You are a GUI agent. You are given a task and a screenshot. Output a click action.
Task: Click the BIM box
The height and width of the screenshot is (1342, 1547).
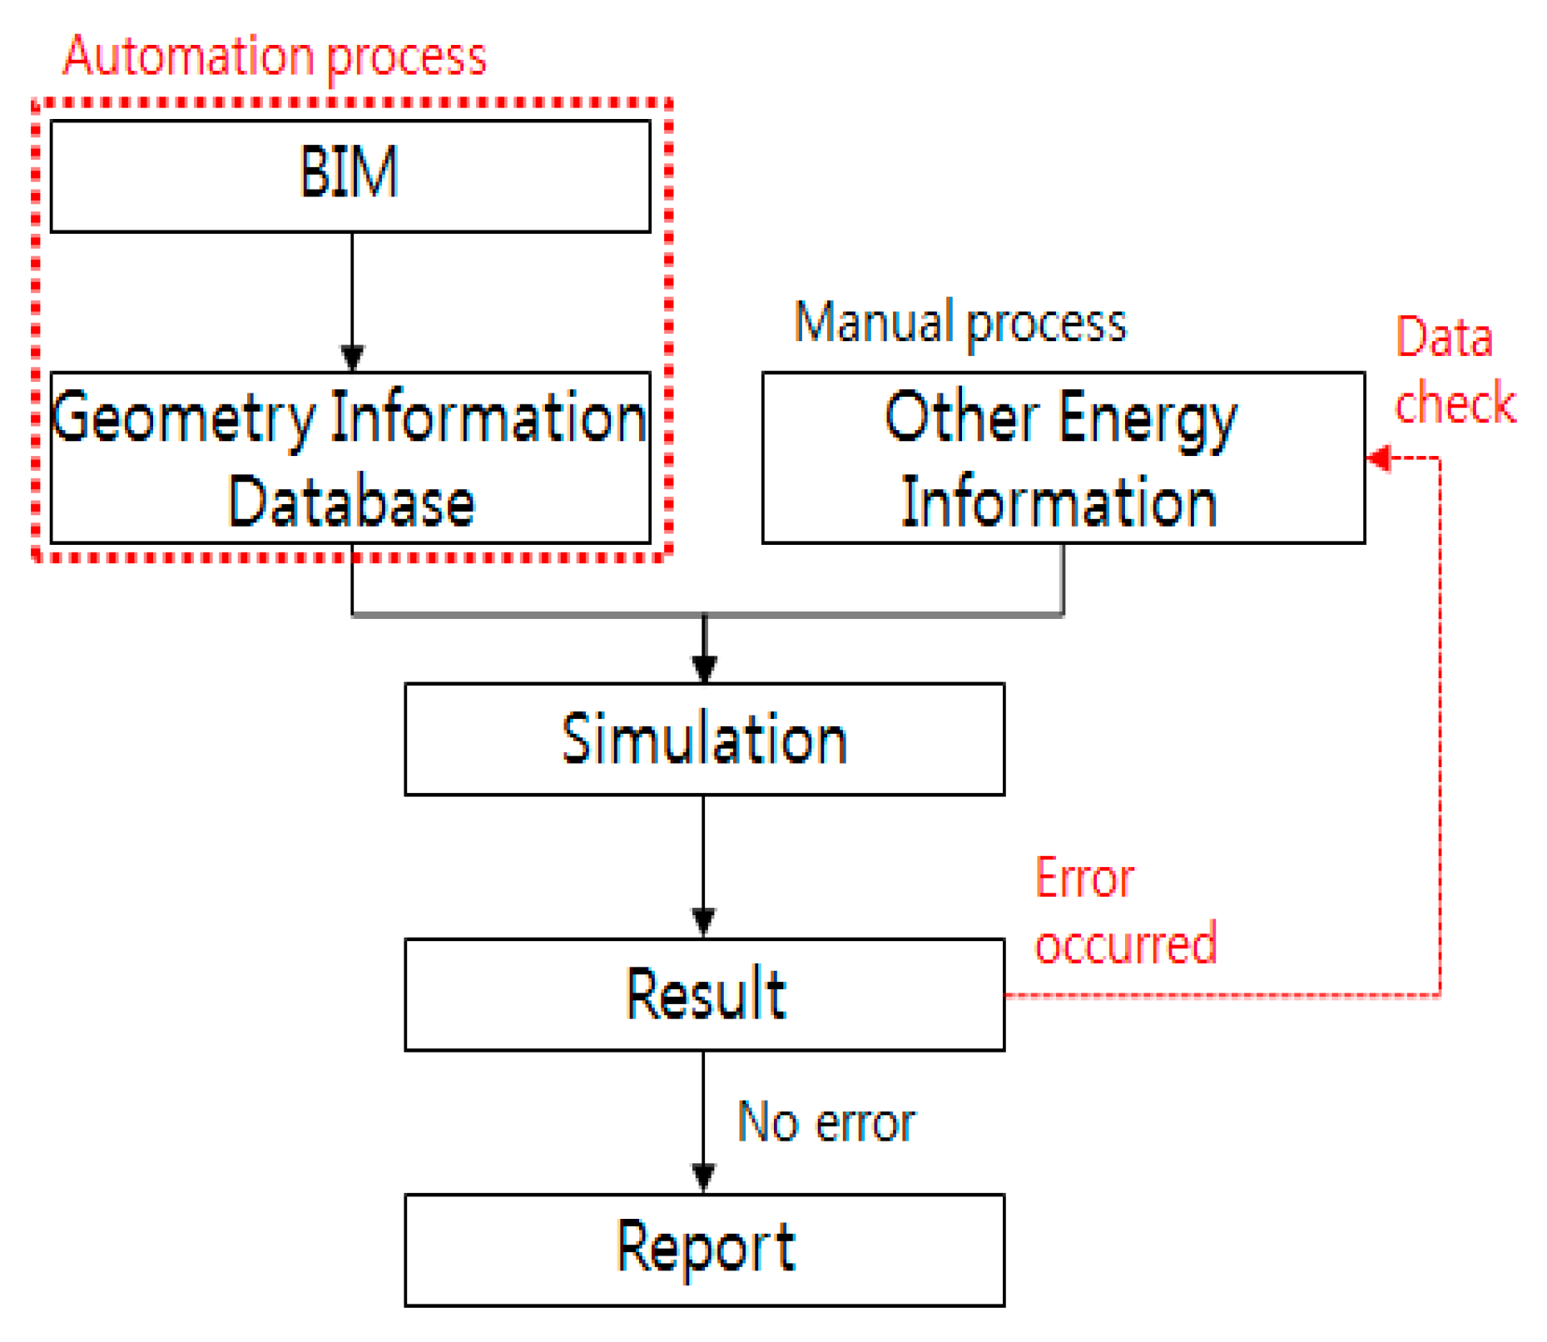tap(350, 176)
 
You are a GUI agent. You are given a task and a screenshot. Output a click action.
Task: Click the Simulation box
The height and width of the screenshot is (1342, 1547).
tap(704, 739)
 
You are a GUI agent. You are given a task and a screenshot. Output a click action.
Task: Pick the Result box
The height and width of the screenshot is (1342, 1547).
tap(704, 994)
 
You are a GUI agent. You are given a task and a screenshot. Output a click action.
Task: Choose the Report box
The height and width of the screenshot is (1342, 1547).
tap(704, 1249)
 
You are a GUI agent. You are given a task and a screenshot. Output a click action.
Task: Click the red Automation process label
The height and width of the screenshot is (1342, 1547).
tap(275, 57)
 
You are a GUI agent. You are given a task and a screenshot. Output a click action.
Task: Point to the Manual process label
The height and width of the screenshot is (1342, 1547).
tap(959, 323)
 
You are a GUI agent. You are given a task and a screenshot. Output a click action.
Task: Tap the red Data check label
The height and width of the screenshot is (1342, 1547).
tap(1454, 370)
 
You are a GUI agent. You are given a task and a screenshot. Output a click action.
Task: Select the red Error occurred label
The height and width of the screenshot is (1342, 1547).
tap(1124, 911)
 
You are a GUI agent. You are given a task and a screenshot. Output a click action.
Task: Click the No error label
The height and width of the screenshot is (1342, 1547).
tap(826, 1122)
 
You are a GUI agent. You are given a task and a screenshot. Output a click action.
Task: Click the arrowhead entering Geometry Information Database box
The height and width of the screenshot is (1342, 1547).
tap(352, 359)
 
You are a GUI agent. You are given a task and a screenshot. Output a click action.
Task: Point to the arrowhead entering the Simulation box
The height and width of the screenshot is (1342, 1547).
tap(704, 669)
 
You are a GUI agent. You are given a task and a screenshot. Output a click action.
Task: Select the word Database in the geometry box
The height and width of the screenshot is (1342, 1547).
tap(350, 502)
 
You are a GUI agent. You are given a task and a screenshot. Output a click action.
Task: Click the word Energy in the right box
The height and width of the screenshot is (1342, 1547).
tap(1148, 418)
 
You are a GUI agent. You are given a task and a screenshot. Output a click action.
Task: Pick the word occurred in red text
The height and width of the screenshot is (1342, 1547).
tap(1125, 943)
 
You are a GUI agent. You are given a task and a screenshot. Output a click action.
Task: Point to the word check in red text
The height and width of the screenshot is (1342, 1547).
tap(1455, 404)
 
